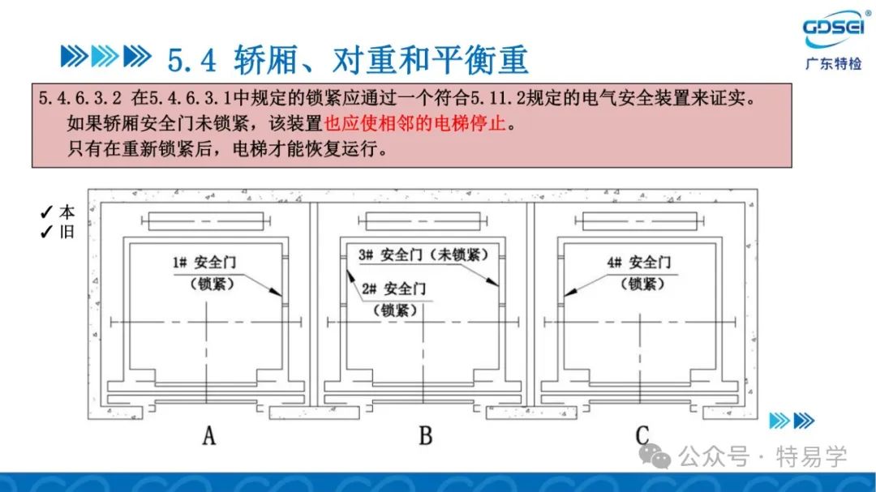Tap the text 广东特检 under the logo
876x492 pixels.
tap(834, 64)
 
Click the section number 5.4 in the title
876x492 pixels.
tap(191, 60)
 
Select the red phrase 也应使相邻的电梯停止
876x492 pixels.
tap(415, 123)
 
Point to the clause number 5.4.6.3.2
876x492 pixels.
tap(79, 98)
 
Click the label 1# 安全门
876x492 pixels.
tap(204, 263)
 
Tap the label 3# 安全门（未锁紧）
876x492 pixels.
tap(423, 255)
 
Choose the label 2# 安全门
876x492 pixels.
tap(393, 289)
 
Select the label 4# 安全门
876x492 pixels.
tap(639, 263)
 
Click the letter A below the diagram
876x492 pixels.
tap(209, 435)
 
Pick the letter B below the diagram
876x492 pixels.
tap(426, 435)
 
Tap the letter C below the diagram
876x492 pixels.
tap(642, 435)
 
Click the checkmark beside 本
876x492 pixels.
tap(45, 212)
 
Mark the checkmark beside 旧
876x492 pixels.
tap(45, 232)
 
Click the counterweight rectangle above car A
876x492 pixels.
tap(205, 221)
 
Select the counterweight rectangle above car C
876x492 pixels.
tap(640, 221)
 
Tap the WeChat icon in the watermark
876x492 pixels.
tap(655, 456)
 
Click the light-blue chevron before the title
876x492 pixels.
tap(105, 57)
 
